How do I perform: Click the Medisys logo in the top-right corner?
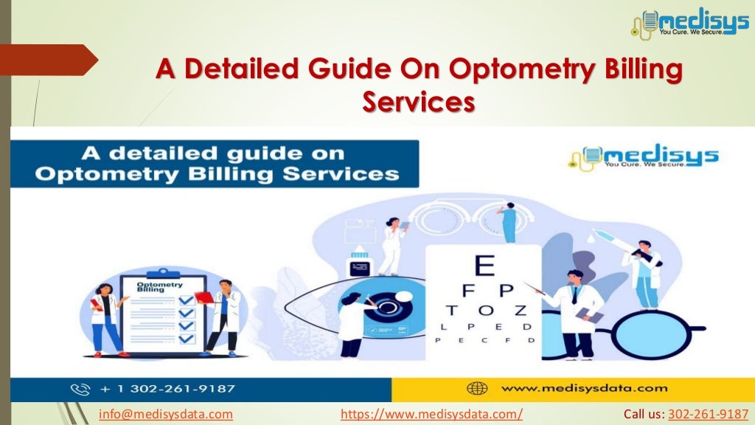(x=689, y=23)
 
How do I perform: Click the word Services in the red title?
(x=418, y=103)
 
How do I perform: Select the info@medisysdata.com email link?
(x=166, y=414)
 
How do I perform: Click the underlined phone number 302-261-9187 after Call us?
(x=708, y=414)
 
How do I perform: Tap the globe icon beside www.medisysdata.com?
(x=477, y=388)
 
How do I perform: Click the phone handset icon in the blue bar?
(x=80, y=389)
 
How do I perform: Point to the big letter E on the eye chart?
(x=484, y=266)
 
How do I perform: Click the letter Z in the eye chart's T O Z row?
(x=521, y=310)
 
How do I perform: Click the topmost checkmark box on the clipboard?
(x=186, y=300)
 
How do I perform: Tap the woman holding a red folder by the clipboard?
(x=105, y=318)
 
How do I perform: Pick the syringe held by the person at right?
(x=609, y=241)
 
